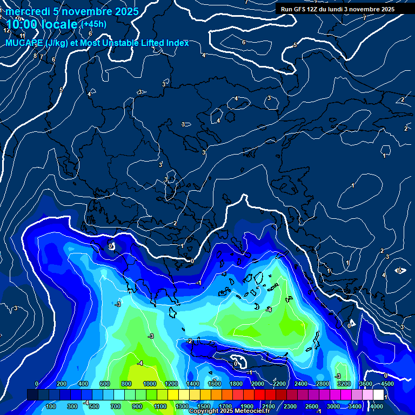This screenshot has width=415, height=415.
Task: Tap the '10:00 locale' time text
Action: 42,24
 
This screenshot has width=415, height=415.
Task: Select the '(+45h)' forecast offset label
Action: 94,24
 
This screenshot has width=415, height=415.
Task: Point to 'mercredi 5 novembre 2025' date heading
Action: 72,11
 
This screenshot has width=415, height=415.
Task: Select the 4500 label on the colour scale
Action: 387,384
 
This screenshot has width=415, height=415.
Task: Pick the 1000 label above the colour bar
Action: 150,384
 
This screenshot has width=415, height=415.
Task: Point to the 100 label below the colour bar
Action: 51,406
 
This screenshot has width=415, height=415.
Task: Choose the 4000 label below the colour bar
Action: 377,406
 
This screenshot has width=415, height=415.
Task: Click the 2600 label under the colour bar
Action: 312,406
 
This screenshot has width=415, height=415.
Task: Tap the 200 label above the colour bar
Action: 61,384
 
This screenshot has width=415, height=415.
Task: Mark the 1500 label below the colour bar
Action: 204,406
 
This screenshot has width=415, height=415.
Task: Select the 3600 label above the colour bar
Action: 365,384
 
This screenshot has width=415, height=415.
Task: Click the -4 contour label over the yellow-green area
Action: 140,363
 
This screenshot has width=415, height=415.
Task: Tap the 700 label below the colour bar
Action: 116,406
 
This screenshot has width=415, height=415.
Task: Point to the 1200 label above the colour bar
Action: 171,384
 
